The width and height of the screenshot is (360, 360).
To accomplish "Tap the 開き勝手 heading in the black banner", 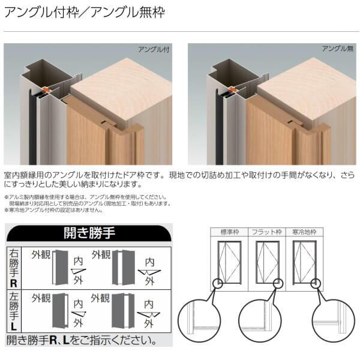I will pos(89,233).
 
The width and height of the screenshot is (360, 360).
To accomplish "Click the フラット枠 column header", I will pos(267,232).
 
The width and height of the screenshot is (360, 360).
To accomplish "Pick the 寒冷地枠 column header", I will pos(304,232).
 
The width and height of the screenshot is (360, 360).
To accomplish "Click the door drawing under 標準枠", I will pos(230,262).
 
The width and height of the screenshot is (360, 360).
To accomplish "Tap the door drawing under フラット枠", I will pos(267,262).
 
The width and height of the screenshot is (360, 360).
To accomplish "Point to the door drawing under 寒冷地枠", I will pos(304,262).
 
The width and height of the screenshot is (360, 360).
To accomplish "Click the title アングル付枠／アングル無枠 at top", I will pos(84,11).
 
